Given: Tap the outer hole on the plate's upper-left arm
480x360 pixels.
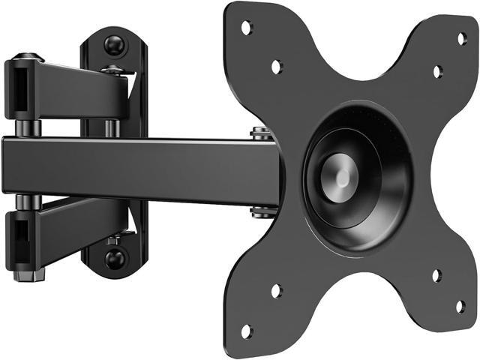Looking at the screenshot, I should click(246, 28).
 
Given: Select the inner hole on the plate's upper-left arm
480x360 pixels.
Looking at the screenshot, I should click(276, 67).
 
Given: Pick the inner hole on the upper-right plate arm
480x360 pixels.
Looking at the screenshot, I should click(437, 72).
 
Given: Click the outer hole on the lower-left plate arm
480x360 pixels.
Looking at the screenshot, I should click(246, 331).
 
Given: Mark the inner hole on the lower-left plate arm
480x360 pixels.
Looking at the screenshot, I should click(276, 291).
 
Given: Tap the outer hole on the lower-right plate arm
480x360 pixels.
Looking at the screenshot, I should click(460, 306).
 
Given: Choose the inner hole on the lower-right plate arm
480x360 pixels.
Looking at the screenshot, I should click(436, 276).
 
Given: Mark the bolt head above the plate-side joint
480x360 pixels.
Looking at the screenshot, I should click(261, 134).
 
